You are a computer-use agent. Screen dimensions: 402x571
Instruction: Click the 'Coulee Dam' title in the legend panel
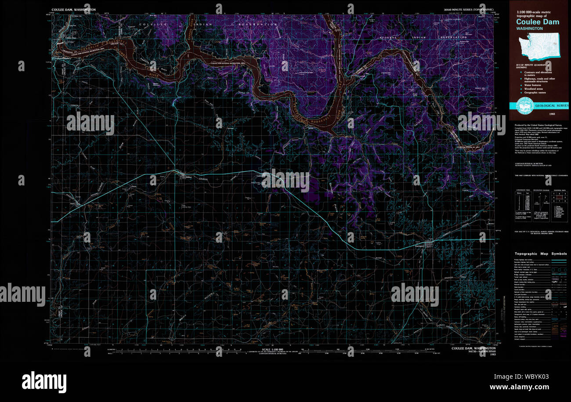pos(537,22)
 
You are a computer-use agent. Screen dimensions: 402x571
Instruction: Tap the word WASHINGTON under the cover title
pos(529,29)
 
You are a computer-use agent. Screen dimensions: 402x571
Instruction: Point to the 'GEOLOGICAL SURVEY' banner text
pos(551,105)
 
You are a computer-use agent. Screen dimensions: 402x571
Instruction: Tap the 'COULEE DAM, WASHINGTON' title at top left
pos(73,9)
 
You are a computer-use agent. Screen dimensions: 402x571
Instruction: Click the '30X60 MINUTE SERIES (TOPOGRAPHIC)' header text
pos(469,9)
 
